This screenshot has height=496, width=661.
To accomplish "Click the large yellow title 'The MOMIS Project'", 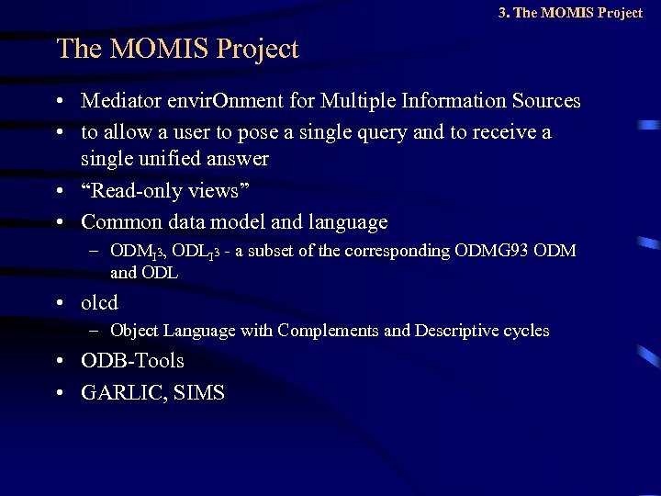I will [x=177, y=49].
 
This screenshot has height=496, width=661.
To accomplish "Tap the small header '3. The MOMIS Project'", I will [x=570, y=13].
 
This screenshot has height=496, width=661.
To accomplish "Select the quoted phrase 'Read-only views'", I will [x=165, y=190].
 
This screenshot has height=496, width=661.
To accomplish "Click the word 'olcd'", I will [x=100, y=301].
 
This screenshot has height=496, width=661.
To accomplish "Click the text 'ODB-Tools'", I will [x=132, y=361].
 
